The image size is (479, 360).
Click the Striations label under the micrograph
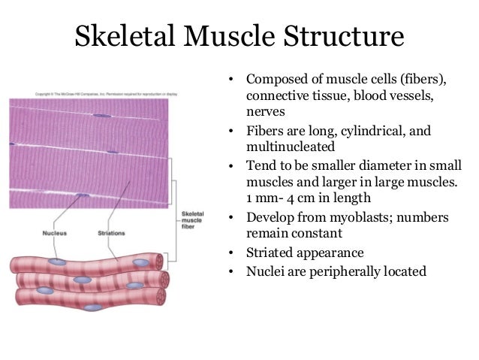pyautogui.click(x=113, y=234)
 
